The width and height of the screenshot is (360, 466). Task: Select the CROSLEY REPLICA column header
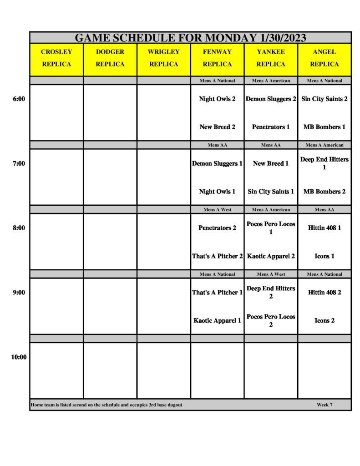click(x=56, y=58)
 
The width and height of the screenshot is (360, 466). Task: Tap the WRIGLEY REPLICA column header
click(x=164, y=58)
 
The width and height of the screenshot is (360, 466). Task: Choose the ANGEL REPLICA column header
click(x=325, y=58)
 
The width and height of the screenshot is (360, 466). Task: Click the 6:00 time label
click(x=19, y=99)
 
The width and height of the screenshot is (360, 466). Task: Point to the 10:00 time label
click(x=19, y=357)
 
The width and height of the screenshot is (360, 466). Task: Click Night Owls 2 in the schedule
click(x=217, y=99)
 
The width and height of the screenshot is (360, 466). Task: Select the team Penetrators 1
click(x=271, y=127)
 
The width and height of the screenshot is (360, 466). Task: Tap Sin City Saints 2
click(x=325, y=99)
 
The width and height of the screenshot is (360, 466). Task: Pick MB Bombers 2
click(x=325, y=192)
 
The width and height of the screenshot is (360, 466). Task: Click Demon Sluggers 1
click(x=217, y=163)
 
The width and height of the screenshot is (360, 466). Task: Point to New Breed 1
click(x=271, y=163)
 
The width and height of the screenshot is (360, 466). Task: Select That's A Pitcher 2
click(x=217, y=256)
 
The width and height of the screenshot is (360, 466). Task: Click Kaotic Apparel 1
click(x=217, y=321)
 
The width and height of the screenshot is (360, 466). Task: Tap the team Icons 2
click(x=325, y=321)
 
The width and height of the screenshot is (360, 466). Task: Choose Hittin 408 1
click(x=325, y=228)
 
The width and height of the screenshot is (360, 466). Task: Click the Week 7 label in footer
click(x=325, y=405)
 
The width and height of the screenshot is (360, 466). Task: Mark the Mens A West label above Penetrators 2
click(x=217, y=210)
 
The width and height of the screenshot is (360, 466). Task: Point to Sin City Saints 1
click(x=271, y=192)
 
